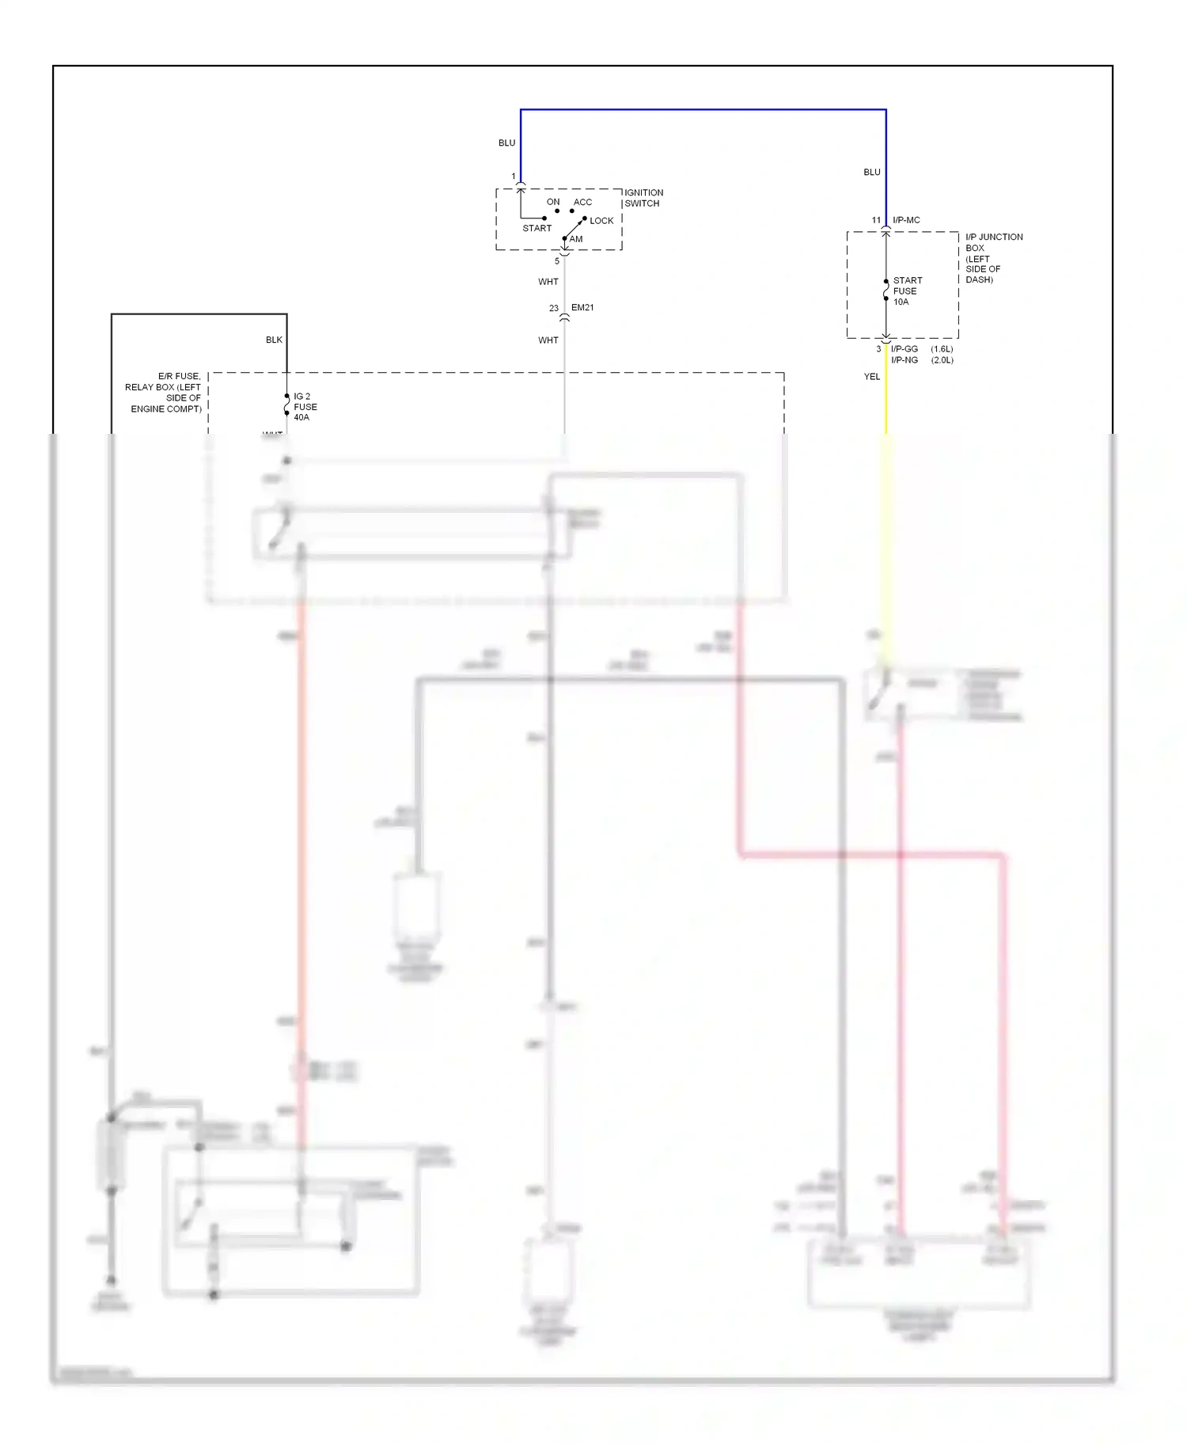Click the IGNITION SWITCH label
pos(643,198)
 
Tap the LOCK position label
pos(601,221)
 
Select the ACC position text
pos(582,203)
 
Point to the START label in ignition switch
pos(537,228)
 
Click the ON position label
pos(553,203)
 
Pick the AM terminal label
pos(576,239)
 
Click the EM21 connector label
pos(582,307)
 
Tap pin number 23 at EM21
pos(554,308)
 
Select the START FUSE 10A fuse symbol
pos(886,291)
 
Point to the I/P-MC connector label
pos(906,220)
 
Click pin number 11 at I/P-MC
pos(876,220)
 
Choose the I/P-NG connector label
pos(904,360)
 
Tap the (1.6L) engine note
pos(942,349)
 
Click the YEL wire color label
pos(871,377)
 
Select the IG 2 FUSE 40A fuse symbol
pos(286,407)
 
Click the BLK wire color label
pos(274,340)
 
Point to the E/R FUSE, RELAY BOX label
pos(165,393)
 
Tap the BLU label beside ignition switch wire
pos(506,143)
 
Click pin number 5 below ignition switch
pos(556,261)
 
